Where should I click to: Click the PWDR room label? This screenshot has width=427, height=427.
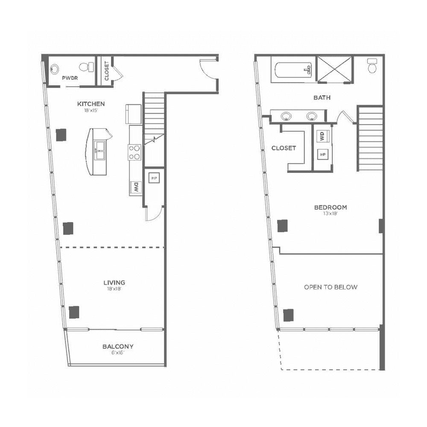pos(70,78)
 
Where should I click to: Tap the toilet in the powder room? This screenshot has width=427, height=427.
pos(87,67)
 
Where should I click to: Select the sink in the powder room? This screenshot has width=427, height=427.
pos(55,69)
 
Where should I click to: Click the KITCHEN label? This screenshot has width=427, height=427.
pos(91,104)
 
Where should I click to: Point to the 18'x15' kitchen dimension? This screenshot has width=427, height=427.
pos(91,110)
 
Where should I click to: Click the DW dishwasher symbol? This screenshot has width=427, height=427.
pos(136,187)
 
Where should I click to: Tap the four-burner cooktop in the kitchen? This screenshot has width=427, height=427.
pos(135,152)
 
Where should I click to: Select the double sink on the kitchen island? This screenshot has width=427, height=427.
pos(99,150)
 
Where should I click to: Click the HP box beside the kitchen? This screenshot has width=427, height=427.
pos(154,178)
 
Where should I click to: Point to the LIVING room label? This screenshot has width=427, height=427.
pos(114,283)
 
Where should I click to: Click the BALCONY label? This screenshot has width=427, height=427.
pos(118,346)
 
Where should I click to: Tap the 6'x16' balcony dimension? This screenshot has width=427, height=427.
pos(118,353)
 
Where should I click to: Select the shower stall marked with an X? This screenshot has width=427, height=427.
pos(335,69)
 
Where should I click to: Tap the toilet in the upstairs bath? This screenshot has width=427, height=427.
pos(372,66)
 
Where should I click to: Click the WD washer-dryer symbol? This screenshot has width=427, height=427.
pos(323,136)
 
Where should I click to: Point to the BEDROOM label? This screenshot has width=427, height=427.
pos(330,207)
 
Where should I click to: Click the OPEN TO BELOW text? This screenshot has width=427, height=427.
pos(330,287)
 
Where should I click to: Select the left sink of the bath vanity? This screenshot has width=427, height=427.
pos(286,116)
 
